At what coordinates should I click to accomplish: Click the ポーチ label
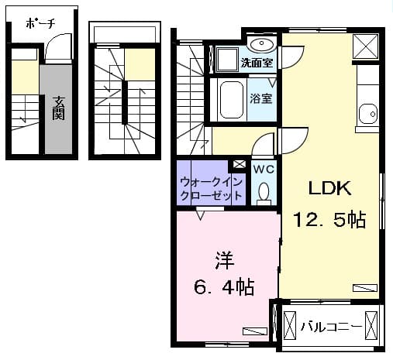click(40, 23)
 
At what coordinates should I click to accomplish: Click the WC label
click(263, 169)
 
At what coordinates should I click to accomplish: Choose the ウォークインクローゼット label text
click(212, 189)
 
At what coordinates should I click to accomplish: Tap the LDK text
click(331, 189)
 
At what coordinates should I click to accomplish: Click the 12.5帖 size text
click(329, 221)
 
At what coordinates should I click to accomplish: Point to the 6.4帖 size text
click(224, 287)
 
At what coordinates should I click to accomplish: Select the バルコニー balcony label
click(331, 327)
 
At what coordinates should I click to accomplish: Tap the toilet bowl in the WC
click(263, 191)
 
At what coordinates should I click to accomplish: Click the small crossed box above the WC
click(240, 164)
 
